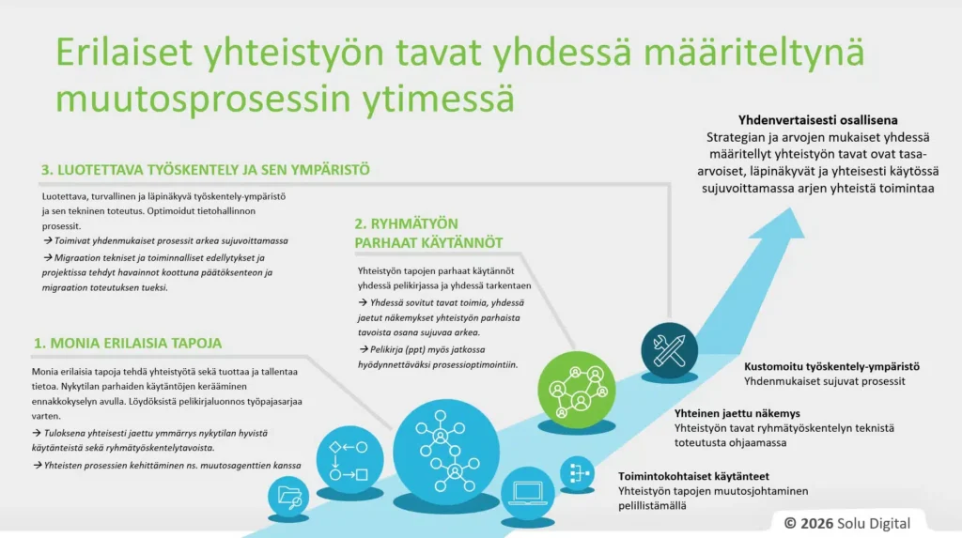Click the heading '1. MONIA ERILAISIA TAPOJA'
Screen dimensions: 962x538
click(128, 343)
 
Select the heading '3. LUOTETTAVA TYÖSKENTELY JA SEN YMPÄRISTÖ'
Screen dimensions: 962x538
click(206, 170)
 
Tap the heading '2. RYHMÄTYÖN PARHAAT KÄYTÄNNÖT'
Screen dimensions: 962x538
click(428, 233)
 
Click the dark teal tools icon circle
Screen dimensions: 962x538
click(669, 350)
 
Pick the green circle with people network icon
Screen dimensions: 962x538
click(576, 390)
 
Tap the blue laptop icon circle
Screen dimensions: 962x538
click(528, 493)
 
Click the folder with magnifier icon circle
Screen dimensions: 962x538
click(288, 496)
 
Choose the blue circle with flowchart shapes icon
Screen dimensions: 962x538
click(349, 459)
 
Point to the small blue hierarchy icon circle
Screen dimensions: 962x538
click(578, 473)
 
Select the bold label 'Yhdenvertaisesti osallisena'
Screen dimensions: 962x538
click(818, 120)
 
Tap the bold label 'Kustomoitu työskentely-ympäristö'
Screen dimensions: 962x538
click(832, 366)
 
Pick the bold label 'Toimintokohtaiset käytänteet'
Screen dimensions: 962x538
click(693, 476)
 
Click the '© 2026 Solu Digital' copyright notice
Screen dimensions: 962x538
click(847, 523)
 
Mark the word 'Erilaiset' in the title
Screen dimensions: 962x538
click(125, 52)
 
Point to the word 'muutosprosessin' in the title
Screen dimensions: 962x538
click(203, 99)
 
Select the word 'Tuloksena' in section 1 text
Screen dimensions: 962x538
click(65, 433)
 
